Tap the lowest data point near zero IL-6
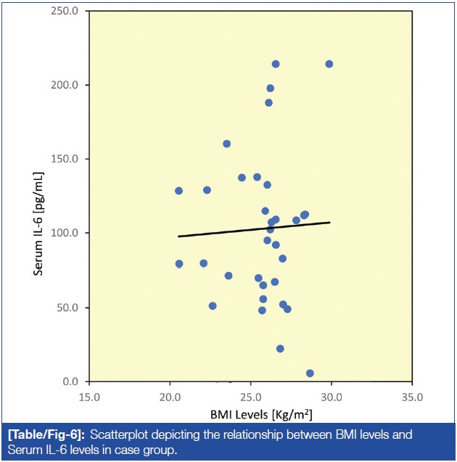point(310,374)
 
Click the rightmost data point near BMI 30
point(329,64)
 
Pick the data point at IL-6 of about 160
point(226,144)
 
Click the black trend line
point(254,229)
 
